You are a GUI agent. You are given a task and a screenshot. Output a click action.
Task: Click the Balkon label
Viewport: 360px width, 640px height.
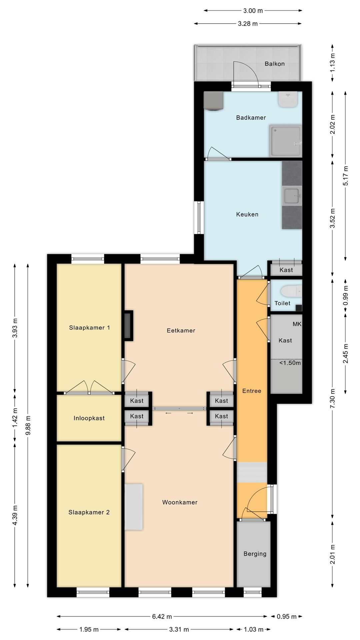click(x=275, y=64)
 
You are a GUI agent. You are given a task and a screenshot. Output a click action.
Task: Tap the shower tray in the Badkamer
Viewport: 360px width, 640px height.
click(x=286, y=141)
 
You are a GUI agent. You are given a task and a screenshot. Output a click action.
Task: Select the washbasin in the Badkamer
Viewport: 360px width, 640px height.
click(x=288, y=99)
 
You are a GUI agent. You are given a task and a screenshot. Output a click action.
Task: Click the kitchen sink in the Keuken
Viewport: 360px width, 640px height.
click(x=292, y=196)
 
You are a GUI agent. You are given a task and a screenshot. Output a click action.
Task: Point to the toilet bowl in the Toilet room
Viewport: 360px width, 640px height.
click(x=291, y=291)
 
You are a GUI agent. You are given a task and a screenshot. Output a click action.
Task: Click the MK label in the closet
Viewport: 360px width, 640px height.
click(x=297, y=324)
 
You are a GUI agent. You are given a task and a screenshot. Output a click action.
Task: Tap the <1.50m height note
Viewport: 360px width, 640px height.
click(x=290, y=363)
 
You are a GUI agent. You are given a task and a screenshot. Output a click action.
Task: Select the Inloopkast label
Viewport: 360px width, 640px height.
click(x=89, y=418)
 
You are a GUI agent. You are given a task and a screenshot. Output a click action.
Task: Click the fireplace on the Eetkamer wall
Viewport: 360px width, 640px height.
click(x=128, y=326)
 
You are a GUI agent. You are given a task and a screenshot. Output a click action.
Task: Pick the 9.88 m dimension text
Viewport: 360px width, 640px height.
click(x=28, y=425)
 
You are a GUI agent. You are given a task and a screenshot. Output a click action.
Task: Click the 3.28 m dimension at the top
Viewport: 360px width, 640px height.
click(x=248, y=24)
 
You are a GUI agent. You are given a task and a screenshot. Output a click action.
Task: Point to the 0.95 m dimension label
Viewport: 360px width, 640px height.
click(x=287, y=616)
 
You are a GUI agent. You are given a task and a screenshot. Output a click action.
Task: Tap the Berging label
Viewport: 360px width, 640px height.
click(x=255, y=554)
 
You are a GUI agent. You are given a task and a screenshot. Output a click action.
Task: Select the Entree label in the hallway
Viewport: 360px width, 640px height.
click(x=252, y=391)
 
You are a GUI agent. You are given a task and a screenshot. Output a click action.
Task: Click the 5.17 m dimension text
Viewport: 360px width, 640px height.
click(x=346, y=176)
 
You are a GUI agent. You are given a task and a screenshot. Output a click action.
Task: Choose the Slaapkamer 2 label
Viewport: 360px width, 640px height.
click(x=89, y=512)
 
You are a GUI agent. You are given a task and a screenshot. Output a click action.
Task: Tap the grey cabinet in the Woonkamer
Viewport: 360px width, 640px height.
click(x=134, y=507)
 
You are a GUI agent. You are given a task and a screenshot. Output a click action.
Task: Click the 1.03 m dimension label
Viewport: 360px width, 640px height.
click(x=254, y=629)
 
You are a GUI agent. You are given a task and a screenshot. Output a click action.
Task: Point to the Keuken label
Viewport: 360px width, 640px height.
click(x=247, y=214)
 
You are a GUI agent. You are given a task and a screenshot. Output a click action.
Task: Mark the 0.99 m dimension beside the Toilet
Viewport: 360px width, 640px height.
click(x=346, y=295)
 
